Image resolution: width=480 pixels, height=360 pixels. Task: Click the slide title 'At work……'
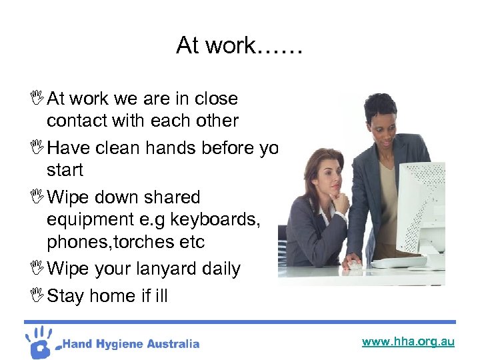click(x=239, y=46)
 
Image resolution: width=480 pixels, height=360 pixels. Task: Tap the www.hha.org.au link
click(x=408, y=341)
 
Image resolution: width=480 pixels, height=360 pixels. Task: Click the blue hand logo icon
click(x=41, y=341)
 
